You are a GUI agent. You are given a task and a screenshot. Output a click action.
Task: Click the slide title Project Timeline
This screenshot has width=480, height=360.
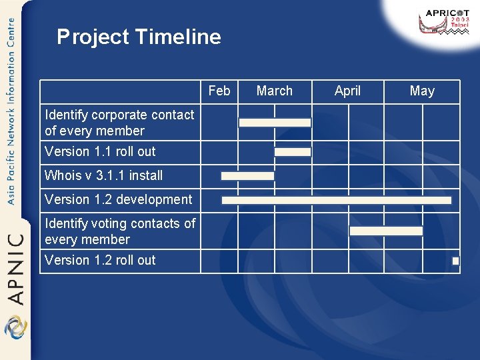click(139, 37)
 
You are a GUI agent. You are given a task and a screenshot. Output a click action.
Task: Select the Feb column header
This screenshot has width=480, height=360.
click(219, 91)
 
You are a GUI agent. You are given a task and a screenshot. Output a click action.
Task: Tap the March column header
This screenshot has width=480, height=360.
click(274, 91)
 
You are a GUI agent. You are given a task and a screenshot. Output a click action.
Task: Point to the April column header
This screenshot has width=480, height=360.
click(347, 91)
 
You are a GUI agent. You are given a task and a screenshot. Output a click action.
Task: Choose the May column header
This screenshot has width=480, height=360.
click(422, 91)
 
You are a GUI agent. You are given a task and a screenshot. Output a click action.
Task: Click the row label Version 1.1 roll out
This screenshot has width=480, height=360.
click(100, 151)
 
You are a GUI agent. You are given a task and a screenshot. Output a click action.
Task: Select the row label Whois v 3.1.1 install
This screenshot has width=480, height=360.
click(103, 175)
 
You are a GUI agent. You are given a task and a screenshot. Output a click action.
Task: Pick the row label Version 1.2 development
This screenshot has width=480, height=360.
click(118, 199)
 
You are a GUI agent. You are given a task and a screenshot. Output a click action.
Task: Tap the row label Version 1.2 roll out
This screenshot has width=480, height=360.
click(100, 260)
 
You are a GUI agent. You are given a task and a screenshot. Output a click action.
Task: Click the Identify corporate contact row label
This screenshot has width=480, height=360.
click(119, 123)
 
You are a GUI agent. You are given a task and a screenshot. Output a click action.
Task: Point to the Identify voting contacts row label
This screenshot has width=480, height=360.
click(119, 231)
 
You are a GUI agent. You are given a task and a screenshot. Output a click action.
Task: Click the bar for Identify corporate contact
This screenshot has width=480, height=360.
click(275, 123)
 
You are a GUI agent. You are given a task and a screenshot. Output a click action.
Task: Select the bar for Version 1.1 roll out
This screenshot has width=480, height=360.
click(293, 152)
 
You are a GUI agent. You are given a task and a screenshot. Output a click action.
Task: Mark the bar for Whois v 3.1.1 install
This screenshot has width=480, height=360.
click(247, 176)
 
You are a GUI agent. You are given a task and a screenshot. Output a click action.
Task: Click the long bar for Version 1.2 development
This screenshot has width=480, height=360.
click(336, 200)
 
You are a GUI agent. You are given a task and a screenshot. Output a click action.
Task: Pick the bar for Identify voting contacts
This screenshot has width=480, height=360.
click(386, 231)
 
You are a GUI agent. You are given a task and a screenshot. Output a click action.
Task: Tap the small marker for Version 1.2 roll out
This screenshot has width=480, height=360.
click(455, 261)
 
